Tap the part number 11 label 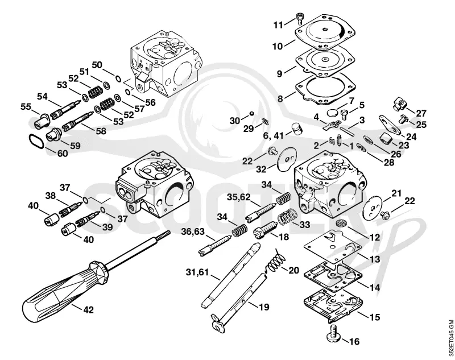click(278, 25)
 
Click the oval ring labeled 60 click(36, 141)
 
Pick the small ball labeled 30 click(252, 113)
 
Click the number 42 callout click(89, 310)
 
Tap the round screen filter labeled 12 click(340, 224)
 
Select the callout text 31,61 click(197, 272)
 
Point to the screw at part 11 click(300, 19)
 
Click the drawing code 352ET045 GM click(450, 339)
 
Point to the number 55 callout click(26, 107)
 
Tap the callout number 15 click(375, 317)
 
